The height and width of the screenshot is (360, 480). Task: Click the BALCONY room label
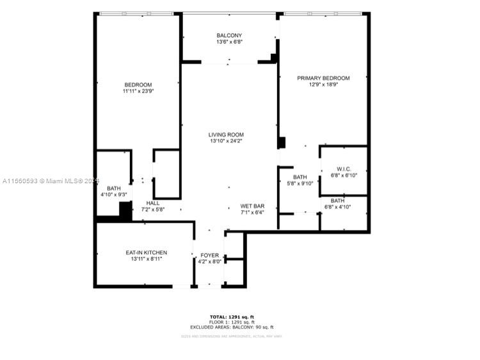(229, 35)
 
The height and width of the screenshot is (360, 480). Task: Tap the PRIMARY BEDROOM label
(323, 78)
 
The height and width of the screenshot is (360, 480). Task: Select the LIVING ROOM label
(226, 135)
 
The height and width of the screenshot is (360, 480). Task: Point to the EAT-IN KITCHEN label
(147, 253)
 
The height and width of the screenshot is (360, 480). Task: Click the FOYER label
(209, 254)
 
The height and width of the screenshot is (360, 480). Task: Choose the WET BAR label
(252, 206)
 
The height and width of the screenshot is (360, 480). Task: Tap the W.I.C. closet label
(343, 169)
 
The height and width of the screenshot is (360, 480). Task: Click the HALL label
(153, 203)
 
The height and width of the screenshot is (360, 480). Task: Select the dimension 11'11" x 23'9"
(138, 92)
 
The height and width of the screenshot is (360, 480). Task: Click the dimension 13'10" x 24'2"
(226, 141)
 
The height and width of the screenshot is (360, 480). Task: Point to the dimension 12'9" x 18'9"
(323, 85)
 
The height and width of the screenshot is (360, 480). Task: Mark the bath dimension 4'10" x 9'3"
(114, 195)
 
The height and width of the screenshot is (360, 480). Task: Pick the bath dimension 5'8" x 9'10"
(300, 183)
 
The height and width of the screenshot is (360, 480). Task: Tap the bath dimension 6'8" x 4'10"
(338, 207)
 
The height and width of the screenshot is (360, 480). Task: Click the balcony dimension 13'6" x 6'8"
(229, 42)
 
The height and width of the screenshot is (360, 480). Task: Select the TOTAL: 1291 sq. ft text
(232, 317)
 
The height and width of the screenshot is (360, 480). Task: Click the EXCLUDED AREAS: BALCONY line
(232, 327)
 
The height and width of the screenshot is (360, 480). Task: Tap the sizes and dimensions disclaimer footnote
(232, 336)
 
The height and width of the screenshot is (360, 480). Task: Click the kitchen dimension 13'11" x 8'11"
(147, 259)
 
